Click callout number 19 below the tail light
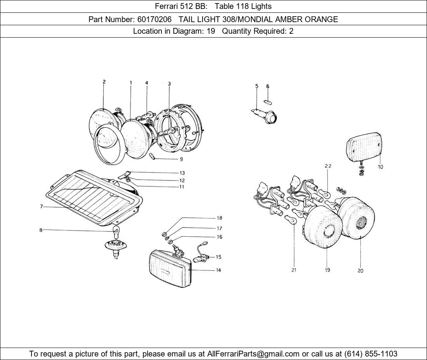pyautogui.click(x=327, y=270)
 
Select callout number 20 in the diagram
pyautogui.click(x=360, y=271)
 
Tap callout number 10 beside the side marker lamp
pyautogui.click(x=380, y=167)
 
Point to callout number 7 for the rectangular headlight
pyautogui.click(x=41, y=207)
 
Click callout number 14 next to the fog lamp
pyautogui.click(x=218, y=270)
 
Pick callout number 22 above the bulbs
pyautogui.click(x=328, y=166)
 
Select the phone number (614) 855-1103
pyautogui.click(x=371, y=354)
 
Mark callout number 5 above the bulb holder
pyautogui.click(x=257, y=86)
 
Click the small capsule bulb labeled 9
pyautogui.click(x=153, y=156)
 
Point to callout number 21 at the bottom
pyautogui.click(x=294, y=270)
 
